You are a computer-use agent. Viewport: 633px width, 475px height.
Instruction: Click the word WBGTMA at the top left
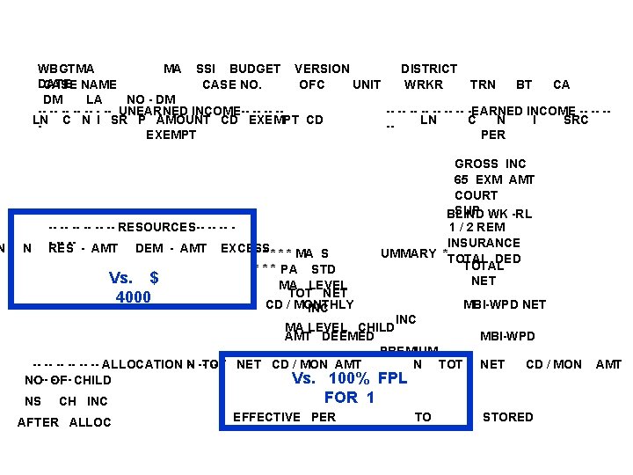pyautogui.click(x=67, y=69)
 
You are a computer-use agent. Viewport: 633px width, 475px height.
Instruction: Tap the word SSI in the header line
pyautogui.click(x=206, y=69)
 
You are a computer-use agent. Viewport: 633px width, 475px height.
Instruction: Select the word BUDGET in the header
pyautogui.click(x=255, y=69)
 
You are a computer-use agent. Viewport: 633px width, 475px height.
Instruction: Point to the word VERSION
pyautogui.click(x=322, y=69)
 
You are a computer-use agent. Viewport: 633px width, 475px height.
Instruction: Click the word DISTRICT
pyautogui.click(x=429, y=69)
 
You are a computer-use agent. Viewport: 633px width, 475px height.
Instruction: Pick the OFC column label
pyautogui.click(x=312, y=84)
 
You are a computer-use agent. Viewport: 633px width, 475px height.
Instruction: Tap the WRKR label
pyautogui.click(x=424, y=84)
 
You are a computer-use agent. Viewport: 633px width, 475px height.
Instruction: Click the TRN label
pyautogui.click(x=483, y=84)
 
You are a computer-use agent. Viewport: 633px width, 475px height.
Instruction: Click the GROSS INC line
pyautogui.click(x=491, y=164)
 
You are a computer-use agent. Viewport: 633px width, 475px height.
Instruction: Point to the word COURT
pyautogui.click(x=476, y=195)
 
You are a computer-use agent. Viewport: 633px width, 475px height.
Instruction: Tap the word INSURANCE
pyautogui.click(x=484, y=243)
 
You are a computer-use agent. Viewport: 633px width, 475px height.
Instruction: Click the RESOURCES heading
pyautogui.click(x=156, y=227)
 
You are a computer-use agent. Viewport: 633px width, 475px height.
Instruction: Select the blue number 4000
pyautogui.click(x=134, y=297)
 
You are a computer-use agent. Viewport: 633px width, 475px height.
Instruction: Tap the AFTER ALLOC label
pyautogui.click(x=64, y=422)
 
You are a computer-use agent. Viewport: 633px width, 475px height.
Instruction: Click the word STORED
pyautogui.click(x=508, y=417)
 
